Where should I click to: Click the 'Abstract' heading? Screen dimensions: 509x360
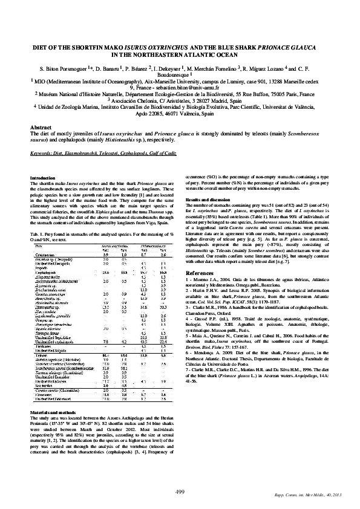click(x=40, y=129)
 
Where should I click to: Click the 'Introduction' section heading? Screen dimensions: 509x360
click(x=42, y=178)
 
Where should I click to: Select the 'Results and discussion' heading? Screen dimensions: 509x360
click(x=211, y=199)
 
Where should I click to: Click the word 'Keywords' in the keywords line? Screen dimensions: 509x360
click(x=41, y=154)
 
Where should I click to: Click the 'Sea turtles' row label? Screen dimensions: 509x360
click(x=43, y=368)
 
